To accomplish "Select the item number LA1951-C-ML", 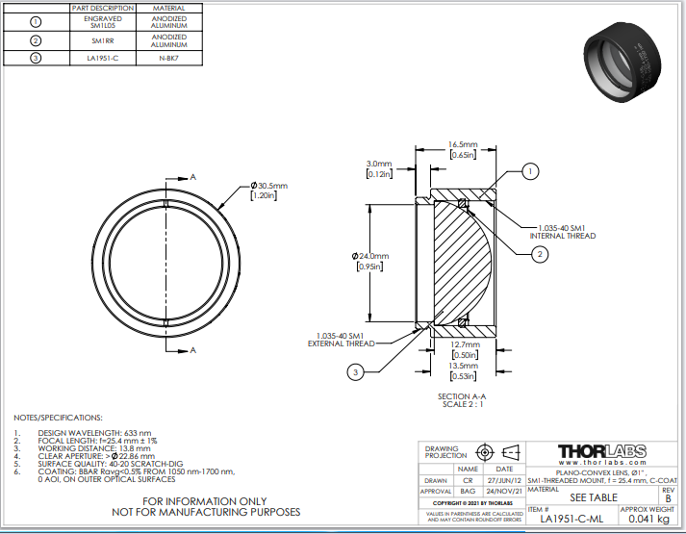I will [572, 519].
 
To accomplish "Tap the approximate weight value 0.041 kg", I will [648, 519].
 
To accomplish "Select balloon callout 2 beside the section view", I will [541, 254].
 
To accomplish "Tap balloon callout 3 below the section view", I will [356, 372].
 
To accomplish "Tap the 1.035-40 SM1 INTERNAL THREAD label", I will [563, 231].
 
